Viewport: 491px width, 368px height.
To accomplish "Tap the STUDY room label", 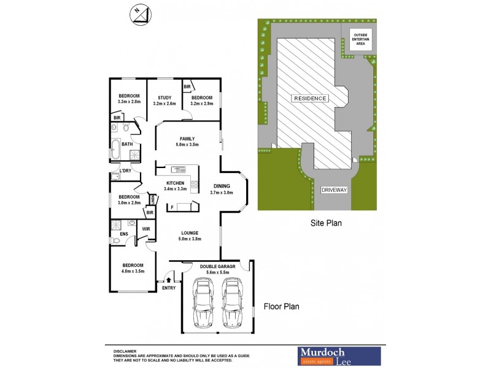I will click(x=164, y=101).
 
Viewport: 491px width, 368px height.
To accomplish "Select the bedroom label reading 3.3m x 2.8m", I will click(x=129, y=99).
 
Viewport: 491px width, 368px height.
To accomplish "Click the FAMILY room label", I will click(x=187, y=142).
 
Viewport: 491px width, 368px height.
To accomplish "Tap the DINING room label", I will click(x=222, y=189).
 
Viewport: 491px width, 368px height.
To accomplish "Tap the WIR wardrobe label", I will click(x=145, y=229).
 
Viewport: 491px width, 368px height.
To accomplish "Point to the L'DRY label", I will click(x=128, y=171).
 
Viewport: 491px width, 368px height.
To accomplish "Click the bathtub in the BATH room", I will click(x=115, y=149).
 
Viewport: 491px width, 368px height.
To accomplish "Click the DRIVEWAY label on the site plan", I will click(x=334, y=190).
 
